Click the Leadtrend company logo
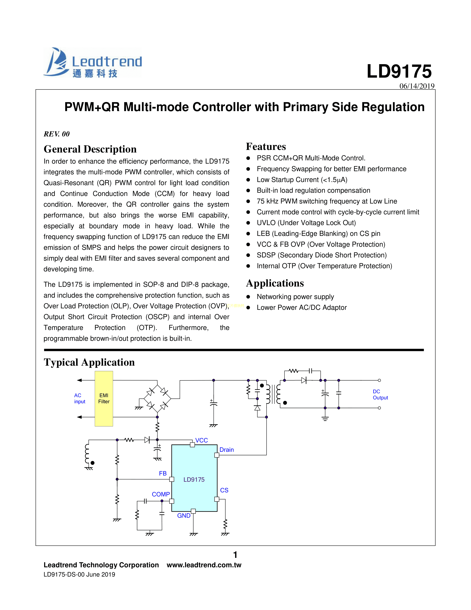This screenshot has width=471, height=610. coord(93,62)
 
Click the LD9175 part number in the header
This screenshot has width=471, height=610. coord(399,72)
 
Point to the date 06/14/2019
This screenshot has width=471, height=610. coord(417,86)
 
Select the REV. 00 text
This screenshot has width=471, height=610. coord(57,134)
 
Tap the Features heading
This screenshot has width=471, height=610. coord(266,147)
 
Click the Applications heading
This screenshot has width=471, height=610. coord(275,283)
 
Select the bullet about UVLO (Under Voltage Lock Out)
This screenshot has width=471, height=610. coord(306,223)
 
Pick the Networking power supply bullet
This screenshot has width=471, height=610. coord(295,297)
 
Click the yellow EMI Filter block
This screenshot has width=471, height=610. coord(104,399)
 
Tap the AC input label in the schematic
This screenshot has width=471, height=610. coord(80,399)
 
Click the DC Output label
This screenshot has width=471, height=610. coord(380,395)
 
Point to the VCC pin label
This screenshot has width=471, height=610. coord(202,440)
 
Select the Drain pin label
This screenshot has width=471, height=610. coord(227,450)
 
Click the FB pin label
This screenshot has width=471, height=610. coord(163,473)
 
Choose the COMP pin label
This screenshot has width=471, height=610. coord(161,494)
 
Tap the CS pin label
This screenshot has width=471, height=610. coord(224,490)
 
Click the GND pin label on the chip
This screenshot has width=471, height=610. coord(184,516)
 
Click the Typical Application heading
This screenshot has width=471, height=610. coord(89,362)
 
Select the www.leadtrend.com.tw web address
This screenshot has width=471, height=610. coord(204,565)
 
